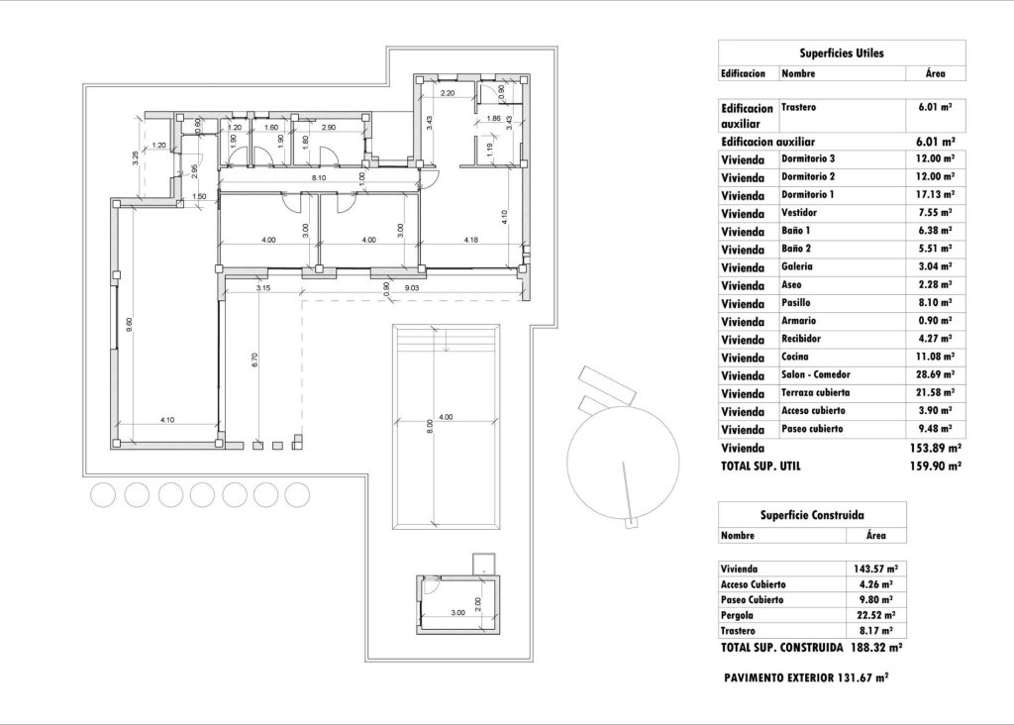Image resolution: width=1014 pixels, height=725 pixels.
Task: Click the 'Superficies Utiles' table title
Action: point(841,53)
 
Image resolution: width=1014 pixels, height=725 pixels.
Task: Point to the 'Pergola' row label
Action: point(739,615)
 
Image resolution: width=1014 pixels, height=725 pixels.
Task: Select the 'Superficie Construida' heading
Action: point(811,515)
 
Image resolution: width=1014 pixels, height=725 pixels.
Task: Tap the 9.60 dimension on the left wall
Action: point(129,323)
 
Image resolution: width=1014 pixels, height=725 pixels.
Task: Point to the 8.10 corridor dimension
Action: point(318,178)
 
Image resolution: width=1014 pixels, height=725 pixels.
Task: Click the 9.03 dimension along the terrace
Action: point(412,288)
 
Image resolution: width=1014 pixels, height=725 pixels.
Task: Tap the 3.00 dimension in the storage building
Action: point(457,613)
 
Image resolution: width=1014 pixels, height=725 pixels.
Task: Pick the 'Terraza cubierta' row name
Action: point(815,393)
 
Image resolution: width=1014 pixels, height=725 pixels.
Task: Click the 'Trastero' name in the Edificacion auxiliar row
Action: point(799,106)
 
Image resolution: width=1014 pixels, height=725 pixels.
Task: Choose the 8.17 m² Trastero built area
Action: point(877,630)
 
